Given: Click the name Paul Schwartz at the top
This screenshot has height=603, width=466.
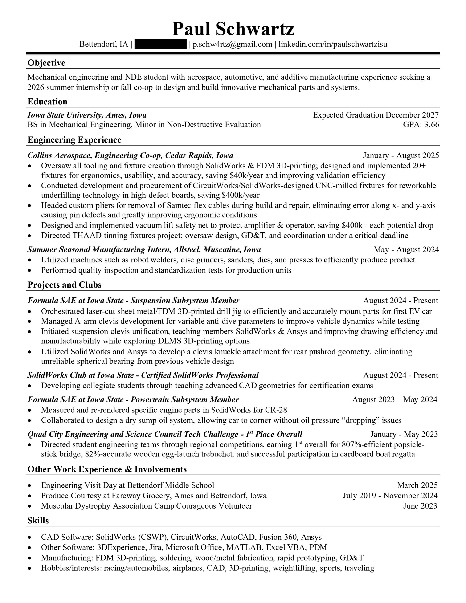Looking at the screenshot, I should (233, 29).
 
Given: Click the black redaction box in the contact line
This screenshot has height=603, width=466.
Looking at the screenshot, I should (160, 45).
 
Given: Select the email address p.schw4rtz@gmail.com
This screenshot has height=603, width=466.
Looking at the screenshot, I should (232, 45).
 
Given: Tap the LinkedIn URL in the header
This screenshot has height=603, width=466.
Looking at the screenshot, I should (333, 45).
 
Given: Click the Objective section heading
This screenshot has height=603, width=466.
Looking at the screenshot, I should (46, 63).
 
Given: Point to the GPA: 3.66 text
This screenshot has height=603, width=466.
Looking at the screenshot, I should (421, 125).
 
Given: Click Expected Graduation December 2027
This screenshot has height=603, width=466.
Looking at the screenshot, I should (375, 115).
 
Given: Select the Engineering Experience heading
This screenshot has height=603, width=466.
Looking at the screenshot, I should (74, 140).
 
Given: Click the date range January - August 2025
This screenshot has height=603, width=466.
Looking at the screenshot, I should (401, 155).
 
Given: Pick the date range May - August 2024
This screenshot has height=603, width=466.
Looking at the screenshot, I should (406, 250).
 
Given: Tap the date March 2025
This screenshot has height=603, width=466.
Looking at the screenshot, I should (417, 485).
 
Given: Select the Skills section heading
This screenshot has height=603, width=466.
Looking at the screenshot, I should (38, 521).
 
